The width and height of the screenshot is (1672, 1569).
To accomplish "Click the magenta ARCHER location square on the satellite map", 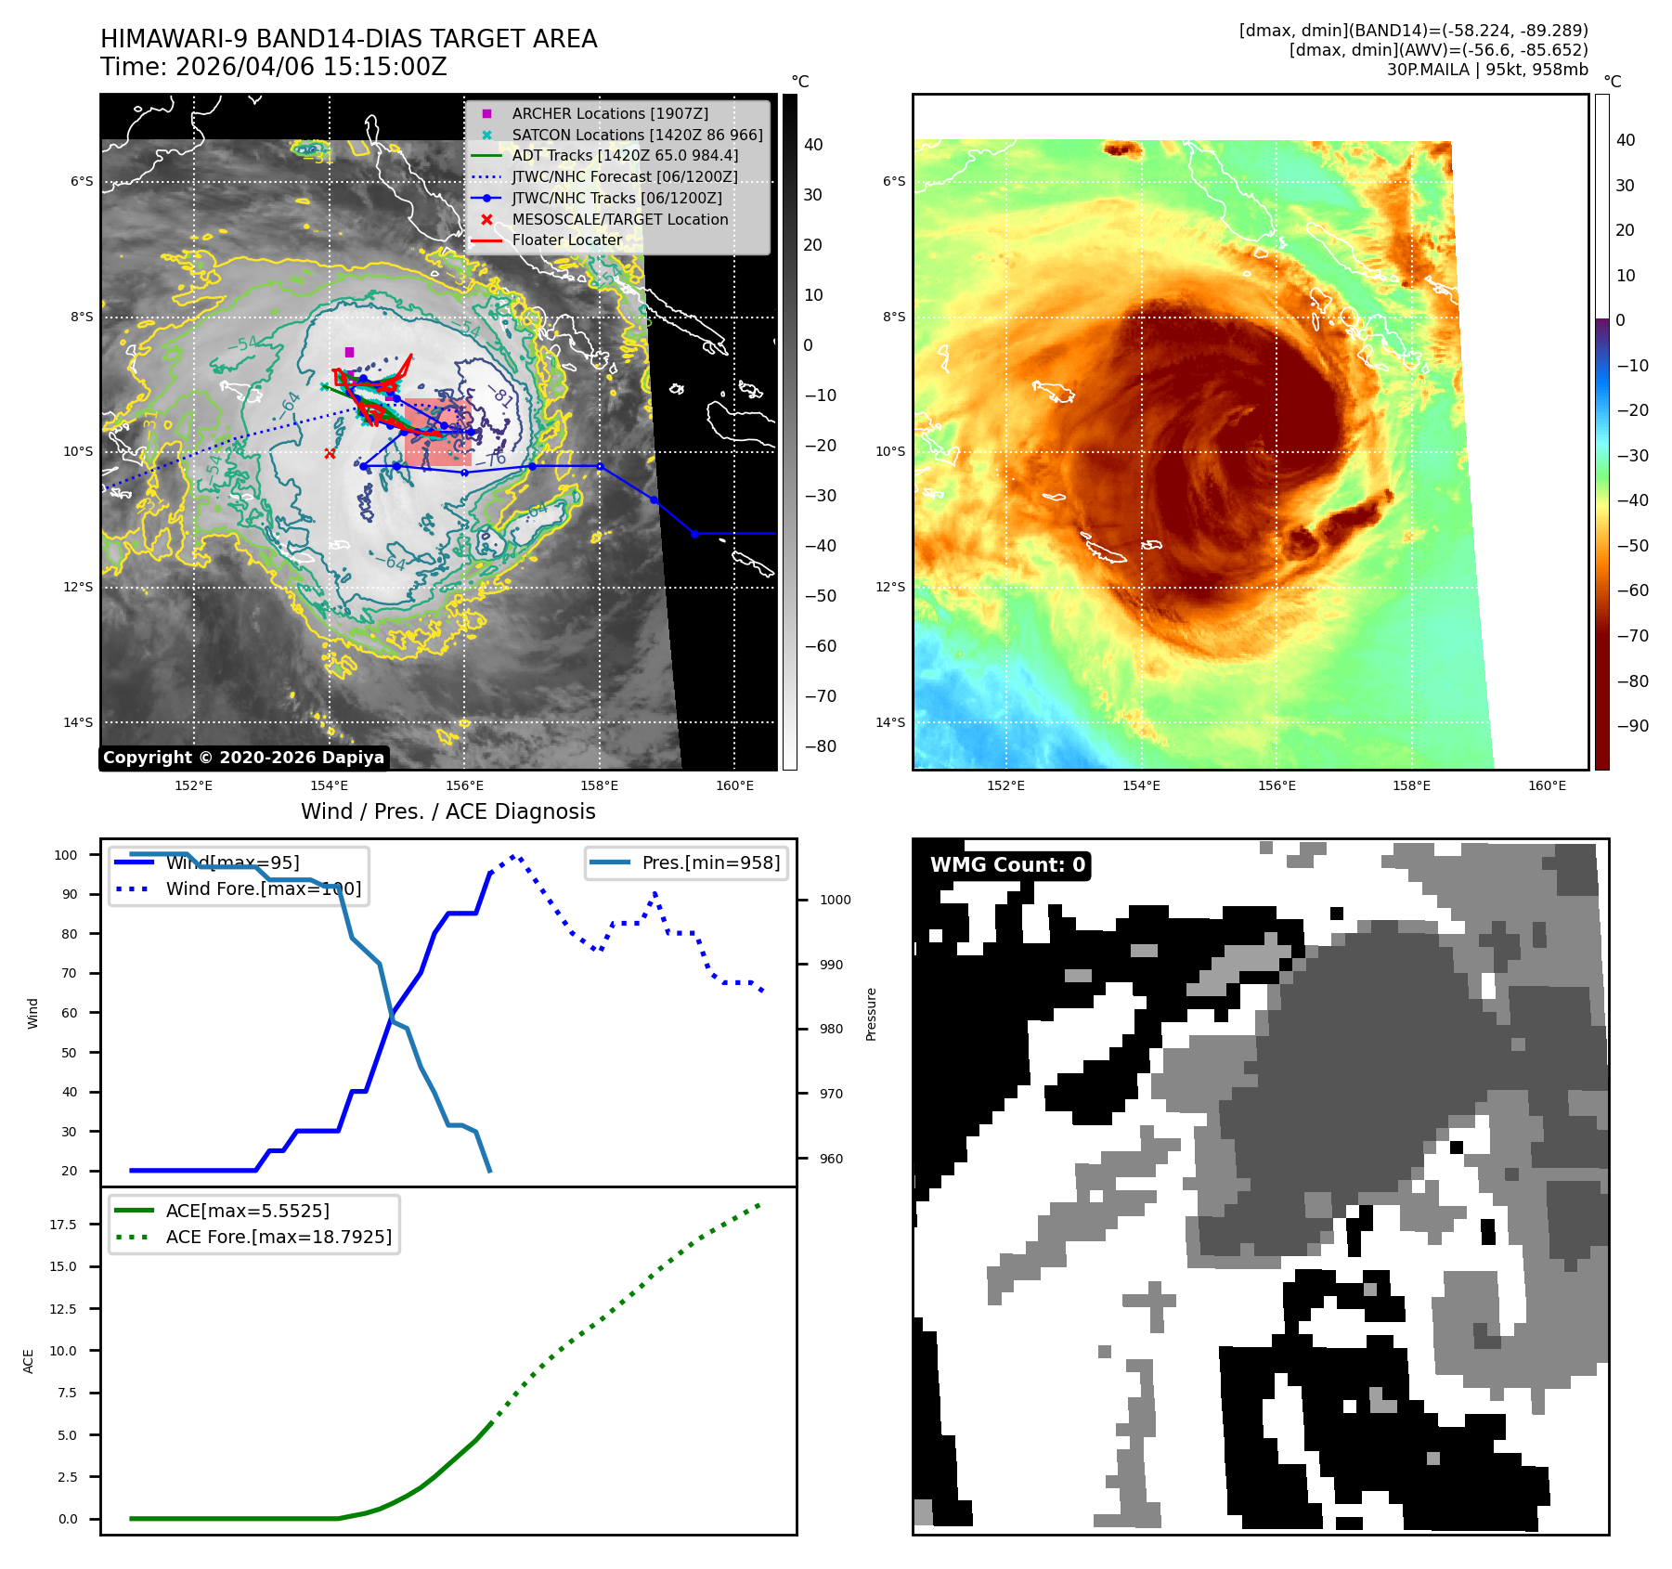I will (x=349, y=352).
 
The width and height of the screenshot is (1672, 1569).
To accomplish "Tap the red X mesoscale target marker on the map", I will (x=330, y=453).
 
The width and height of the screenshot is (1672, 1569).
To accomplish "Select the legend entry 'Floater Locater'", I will (x=566, y=240).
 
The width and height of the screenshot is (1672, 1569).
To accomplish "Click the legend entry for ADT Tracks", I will (x=625, y=155).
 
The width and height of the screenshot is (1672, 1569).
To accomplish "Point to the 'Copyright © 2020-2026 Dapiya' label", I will (x=243, y=758).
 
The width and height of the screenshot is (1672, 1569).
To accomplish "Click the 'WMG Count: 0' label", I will (x=1007, y=865).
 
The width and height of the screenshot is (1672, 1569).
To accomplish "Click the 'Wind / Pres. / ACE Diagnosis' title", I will (x=447, y=811).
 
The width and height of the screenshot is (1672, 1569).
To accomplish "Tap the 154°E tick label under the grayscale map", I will (x=329, y=785).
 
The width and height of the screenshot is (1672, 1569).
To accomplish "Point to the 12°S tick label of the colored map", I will (x=893, y=587).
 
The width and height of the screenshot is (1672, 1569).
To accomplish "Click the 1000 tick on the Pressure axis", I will (x=835, y=900).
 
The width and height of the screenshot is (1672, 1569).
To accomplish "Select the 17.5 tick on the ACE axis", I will (x=63, y=1225).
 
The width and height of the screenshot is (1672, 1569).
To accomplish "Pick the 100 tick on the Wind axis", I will (x=66, y=855).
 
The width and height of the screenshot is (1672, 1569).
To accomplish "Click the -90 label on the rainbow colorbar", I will (x=1632, y=726).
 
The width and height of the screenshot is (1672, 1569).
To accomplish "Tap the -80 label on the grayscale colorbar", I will (x=820, y=746).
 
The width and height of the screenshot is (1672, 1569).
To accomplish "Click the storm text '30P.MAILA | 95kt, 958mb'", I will (x=1487, y=70).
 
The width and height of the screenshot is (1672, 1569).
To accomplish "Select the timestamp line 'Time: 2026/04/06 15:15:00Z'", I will (x=274, y=67).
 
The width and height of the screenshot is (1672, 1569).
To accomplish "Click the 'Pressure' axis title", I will (x=871, y=1014).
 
